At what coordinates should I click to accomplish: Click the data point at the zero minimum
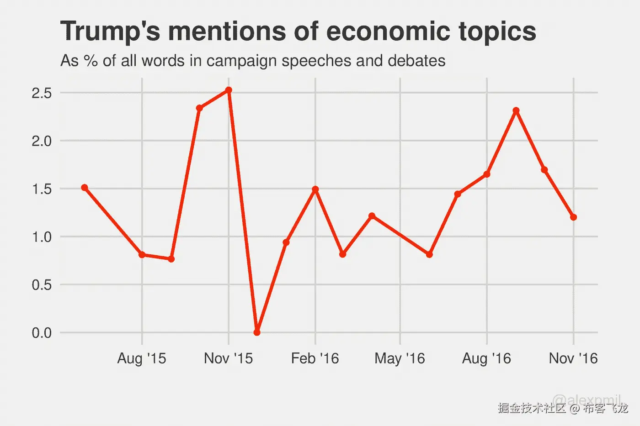pyautogui.click(x=257, y=332)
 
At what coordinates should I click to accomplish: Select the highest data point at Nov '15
pyautogui.click(x=229, y=90)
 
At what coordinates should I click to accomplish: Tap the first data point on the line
pyautogui.click(x=85, y=188)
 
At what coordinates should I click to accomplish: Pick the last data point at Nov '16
pyautogui.click(x=574, y=217)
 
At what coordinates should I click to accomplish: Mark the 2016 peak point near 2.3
pyautogui.click(x=516, y=110)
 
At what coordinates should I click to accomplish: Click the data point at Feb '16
pyautogui.click(x=315, y=189)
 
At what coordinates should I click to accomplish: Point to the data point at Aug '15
pyautogui.click(x=142, y=255)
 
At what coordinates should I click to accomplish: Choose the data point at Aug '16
pyautogui.click(x=487, y=174)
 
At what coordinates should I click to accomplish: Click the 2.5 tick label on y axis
pyautogui.click(x=42, y=93)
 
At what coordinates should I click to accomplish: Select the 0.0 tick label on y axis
pyautogui.click(x=42, y=333)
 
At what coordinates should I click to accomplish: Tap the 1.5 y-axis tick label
pyautogui.click(x=42, y=189)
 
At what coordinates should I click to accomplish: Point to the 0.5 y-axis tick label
pyautogui.click(x=42, y=285)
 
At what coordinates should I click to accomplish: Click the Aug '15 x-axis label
pyautogui.click(x=142, y=358)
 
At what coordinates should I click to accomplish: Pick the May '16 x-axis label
pyautogui.click(x=400, y=358)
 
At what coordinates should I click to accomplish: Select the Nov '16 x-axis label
pyautogui.click(x=573, y=358)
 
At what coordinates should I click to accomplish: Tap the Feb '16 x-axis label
pyautogui.click(x=315, y=358)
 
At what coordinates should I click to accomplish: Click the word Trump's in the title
pyautogui.click(x=110, y=32)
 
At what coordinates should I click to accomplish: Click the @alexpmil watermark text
pyautogui.click(x=587, y=400)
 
